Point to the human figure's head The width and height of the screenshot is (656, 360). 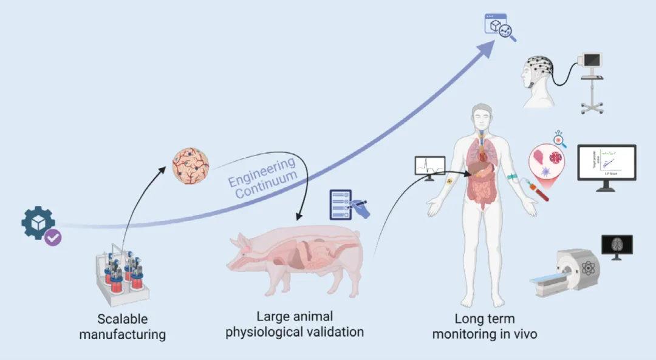coord(483,115)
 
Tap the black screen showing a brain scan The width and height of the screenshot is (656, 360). coord(616,245)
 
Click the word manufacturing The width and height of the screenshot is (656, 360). coord(123,334)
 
